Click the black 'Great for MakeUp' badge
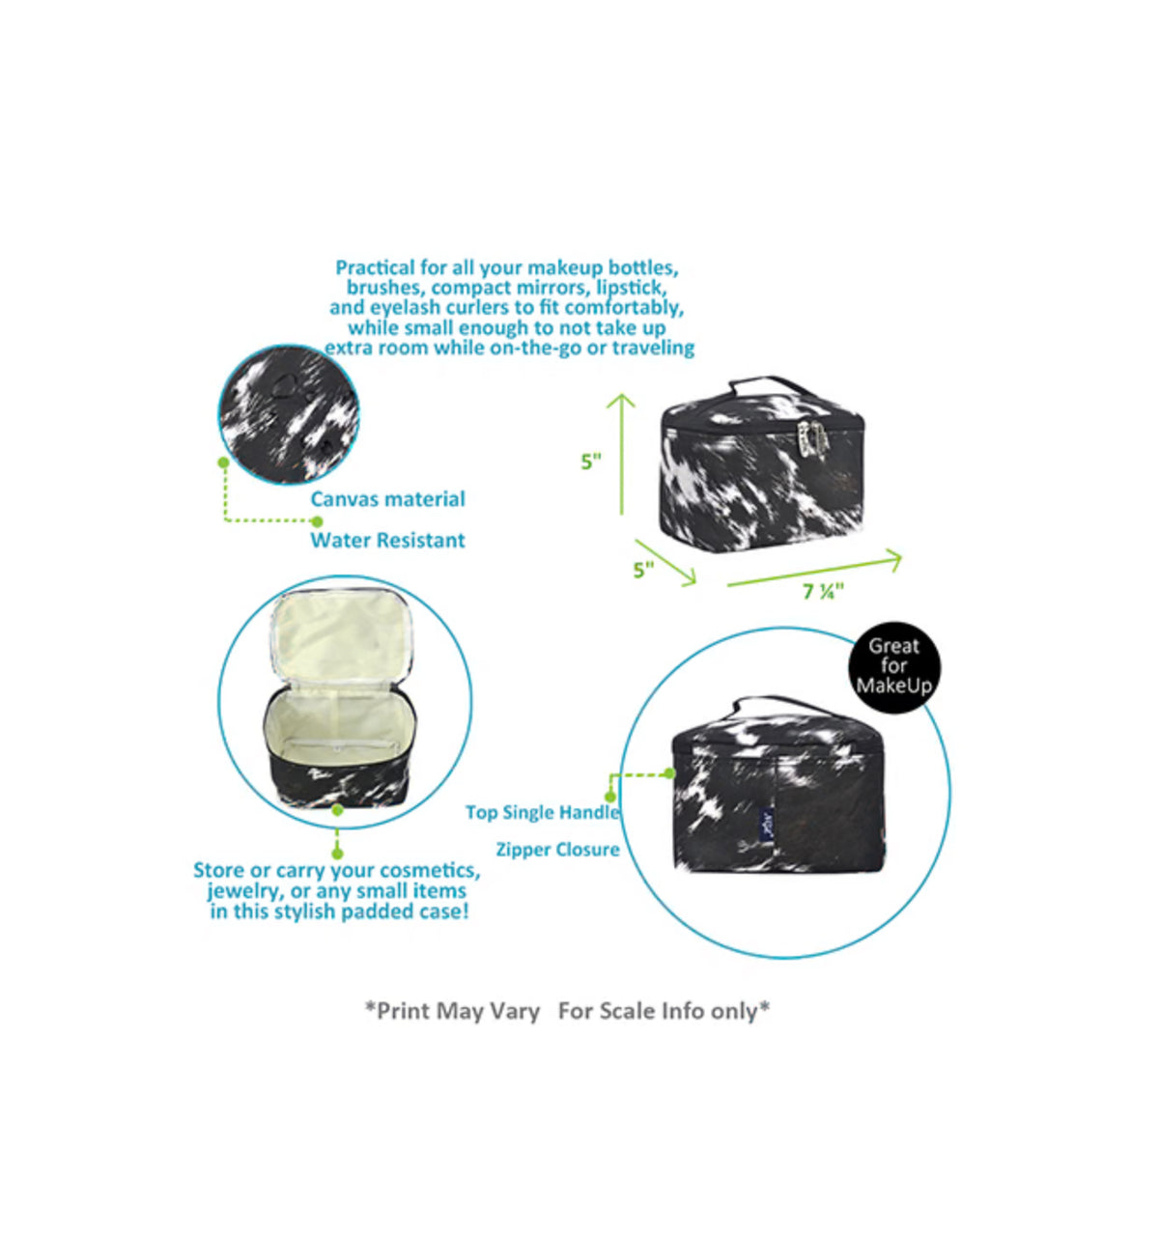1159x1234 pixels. tap(894, 666)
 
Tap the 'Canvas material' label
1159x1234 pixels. tap(387, 499)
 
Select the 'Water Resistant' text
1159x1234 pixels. tap(387, 540)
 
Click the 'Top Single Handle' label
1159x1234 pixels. tap(542, 812)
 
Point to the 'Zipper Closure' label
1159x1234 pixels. tap(557, 849)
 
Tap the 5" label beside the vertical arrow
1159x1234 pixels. tap(591, 462)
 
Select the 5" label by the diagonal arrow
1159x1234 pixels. tap(643, 570)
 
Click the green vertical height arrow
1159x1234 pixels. tap(621, 454)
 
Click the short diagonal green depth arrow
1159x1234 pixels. tap(665, 562)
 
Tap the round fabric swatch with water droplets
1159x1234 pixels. tap(289, 414)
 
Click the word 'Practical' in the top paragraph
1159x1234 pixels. tap(375, 267)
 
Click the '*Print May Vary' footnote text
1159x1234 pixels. tap(452, 1011)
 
